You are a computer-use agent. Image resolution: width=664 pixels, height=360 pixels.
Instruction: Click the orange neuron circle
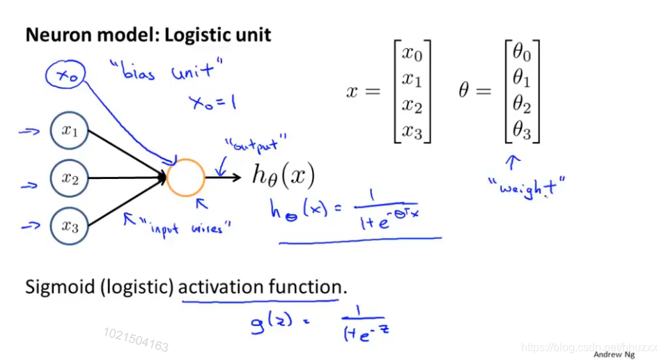186,178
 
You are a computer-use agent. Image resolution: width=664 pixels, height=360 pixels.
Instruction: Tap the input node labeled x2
70,178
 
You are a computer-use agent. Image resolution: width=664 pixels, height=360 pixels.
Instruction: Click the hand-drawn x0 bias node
66,76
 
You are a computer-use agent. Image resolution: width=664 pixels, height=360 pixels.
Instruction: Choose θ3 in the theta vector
523,130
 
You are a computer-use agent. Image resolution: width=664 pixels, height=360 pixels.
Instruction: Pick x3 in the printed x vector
412,130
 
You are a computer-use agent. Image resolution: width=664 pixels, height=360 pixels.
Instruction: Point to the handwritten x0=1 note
212,102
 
